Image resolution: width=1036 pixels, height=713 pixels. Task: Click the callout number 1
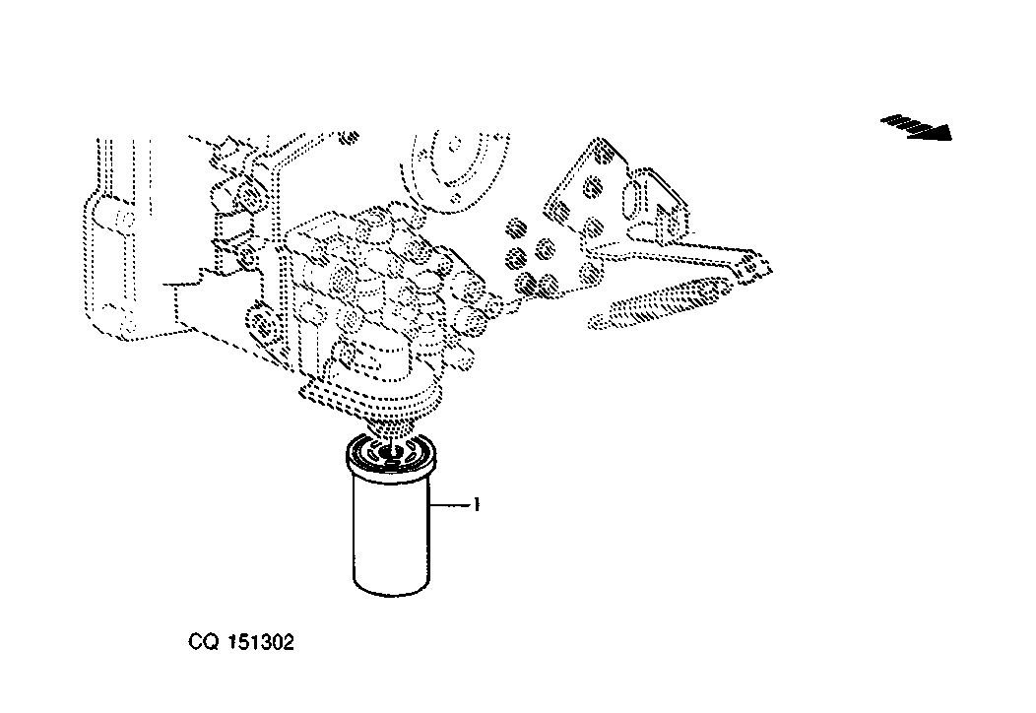click(x=477, y=505)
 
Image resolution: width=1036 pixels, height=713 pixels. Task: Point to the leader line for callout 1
click(x=450, y=505)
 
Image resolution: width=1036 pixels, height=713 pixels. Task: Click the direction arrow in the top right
click(x=917, y=127)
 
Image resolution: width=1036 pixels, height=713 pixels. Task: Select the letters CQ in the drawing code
click(x=203, y=642)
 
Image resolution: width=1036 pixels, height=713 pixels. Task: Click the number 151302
click(x=261, y=642)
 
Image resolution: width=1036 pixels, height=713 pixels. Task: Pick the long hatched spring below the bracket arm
click(x=661, y=304)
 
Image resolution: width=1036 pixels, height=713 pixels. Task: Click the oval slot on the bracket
click(x=630, y=198)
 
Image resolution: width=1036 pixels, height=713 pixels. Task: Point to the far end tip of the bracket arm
click(x=766, y=268)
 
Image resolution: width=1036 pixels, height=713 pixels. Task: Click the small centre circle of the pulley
click(x=455, y=144)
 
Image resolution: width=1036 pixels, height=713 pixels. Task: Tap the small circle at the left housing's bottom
click(x=128, y=323)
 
